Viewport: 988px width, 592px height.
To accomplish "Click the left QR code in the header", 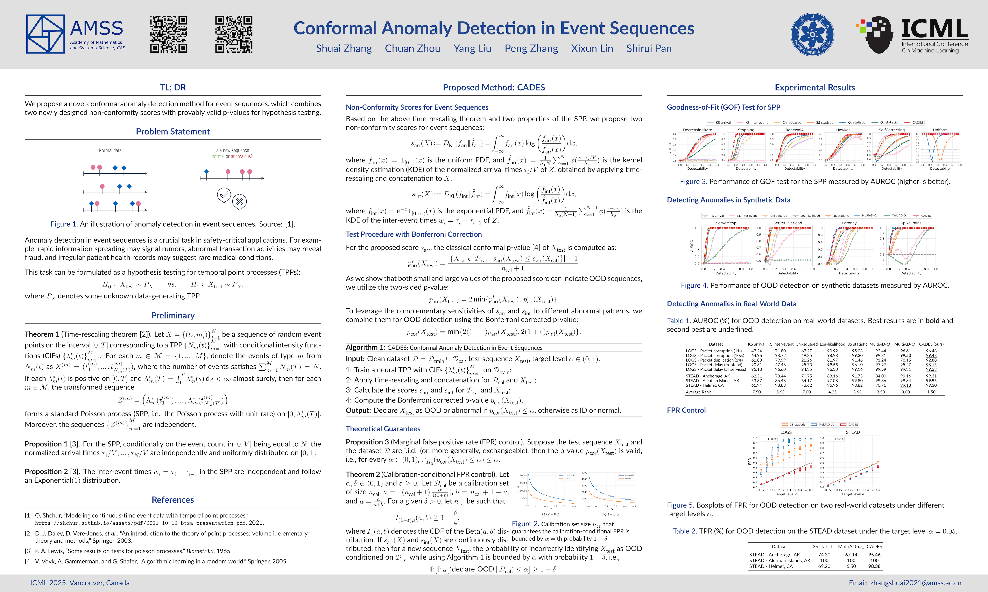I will pyautogui.click(x=169, y=34).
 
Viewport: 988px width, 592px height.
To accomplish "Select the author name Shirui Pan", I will pyautogui.click(x=649, y=49).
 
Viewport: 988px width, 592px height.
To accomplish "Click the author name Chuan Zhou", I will pyautogui.click(x=412, y=49).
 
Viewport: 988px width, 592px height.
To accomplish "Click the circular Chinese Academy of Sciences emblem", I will pyautogui.click(x=812, y=34).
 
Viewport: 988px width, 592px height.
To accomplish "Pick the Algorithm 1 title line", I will pyautogui.click(x=444, y=347).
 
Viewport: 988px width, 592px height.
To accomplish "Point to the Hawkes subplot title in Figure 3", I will pyautogui.click(x=843, y=130).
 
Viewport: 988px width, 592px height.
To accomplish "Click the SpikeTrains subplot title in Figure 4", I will pyautogui.click(x=911, y=223).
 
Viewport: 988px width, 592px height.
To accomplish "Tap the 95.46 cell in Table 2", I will pyautogui.click(x=874, y=555).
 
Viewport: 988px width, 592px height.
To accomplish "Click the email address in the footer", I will pyautogui.click(x=905, y=583).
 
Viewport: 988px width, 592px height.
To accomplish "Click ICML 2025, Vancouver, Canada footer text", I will pyautogui.click(x=80, y=583).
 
